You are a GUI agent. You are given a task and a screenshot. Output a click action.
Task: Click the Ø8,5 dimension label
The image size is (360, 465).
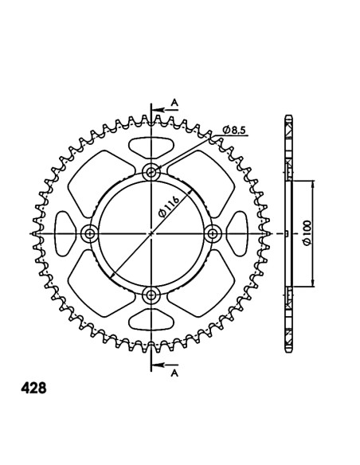[x=236, y=131]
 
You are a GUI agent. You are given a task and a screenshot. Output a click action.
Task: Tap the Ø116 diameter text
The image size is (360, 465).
[x=168, y=207]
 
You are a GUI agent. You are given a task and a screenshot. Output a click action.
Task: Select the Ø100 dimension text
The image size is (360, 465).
[x=307, y=233]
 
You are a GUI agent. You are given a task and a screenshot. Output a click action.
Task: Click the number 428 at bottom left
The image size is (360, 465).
[x=33, y=389]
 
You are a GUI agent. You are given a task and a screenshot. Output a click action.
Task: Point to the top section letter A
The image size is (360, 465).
[x=174, y=103]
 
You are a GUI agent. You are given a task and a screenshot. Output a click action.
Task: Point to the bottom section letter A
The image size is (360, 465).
[x=174, y=373]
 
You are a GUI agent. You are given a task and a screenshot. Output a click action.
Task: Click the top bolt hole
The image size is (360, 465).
[x=151, y=172]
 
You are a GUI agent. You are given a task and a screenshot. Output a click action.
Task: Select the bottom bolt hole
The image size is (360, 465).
[x=151, y=295]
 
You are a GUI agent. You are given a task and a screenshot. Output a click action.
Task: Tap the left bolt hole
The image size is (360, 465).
[x=89, y=233]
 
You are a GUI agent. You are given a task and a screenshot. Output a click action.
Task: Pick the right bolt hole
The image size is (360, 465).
[x=213, y=233]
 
